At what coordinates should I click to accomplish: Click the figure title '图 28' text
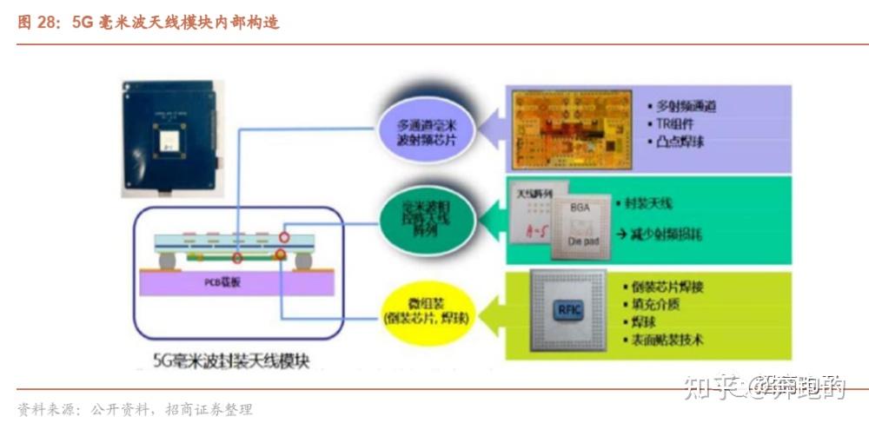36,23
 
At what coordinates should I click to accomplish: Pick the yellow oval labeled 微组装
427,309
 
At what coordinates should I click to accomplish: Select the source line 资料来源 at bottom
135,409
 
